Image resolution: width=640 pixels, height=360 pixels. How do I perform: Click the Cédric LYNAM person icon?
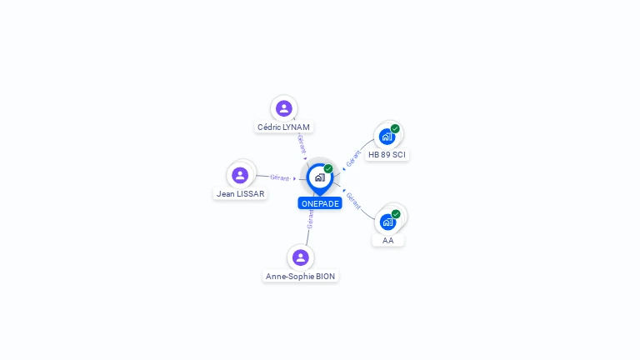(x=284, y=108)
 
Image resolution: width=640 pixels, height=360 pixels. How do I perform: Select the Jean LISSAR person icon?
(x=240, y=175)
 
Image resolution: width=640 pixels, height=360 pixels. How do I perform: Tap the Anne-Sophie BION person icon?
(x=301, y=257)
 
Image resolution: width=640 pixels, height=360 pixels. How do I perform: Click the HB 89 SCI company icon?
(x=387, y=137)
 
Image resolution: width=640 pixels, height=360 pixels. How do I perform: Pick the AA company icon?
(x=387, y=222)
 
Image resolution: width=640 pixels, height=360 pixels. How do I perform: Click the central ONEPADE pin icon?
(x=319, y=177)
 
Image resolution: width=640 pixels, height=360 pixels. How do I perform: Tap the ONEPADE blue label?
(x=320, y=203)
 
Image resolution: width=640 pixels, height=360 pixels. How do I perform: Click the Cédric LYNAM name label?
(x=283, y=127)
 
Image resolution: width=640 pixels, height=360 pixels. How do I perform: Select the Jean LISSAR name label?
(x=240, y=194)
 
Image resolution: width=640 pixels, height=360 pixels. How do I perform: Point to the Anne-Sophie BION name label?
(x=300, y=277)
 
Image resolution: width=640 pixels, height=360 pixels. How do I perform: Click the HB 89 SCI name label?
(x=387, y=155)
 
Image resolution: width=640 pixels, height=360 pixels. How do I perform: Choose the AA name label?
(x=387, y=241)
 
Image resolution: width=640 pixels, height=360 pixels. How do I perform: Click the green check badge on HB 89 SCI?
(x=395, y=128)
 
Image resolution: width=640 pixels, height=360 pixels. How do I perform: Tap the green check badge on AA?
(x=396, y=213)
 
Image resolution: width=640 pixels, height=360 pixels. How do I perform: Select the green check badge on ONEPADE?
(x=328, y=168)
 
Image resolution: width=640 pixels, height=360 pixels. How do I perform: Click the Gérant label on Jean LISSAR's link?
(x=280, y=177)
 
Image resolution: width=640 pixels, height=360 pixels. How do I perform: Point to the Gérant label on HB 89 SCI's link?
(x=353, y=158)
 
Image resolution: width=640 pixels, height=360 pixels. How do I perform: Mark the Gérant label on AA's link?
(x=353, y=200)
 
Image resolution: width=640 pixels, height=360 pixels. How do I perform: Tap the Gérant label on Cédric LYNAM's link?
(x=302, y=144)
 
